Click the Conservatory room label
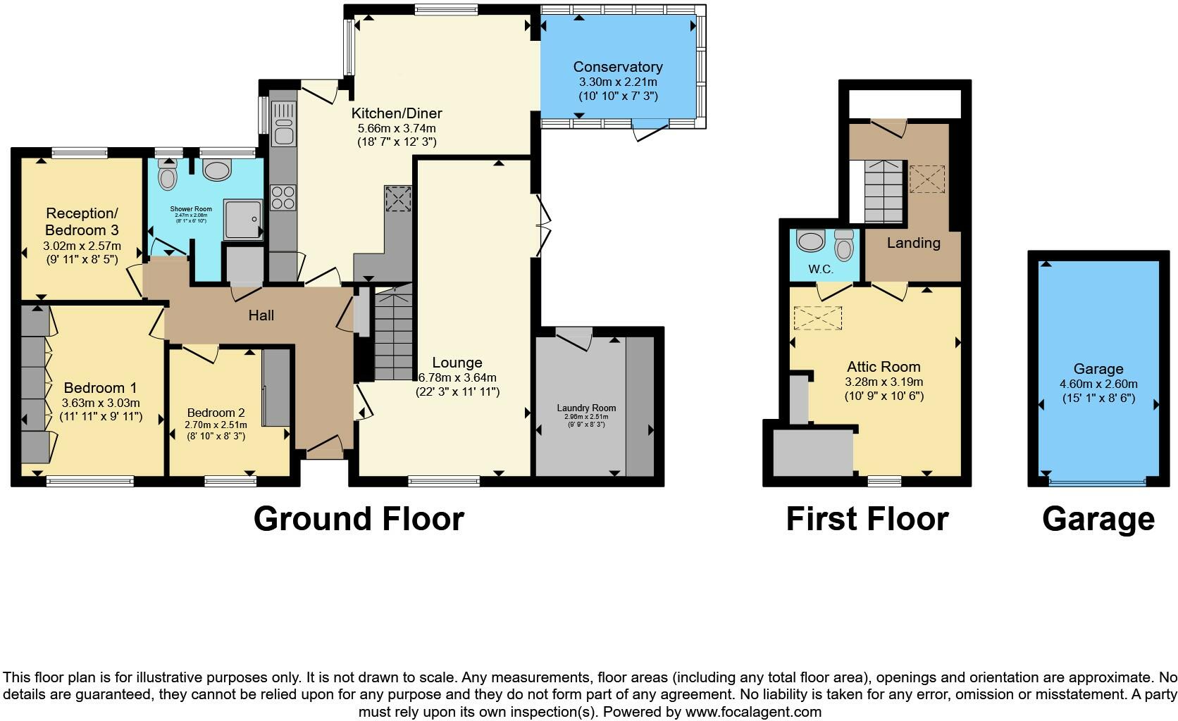tap(617, 67)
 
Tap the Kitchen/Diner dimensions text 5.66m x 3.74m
tap(397, 128)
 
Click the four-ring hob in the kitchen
tap(283, 196)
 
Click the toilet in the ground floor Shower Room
tap(167, 175)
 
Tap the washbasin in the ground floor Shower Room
tap(216, 170)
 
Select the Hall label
tap(261, 315)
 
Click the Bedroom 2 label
tap(216, 413)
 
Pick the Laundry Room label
tap(586, 408)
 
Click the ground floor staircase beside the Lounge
tap(392, 337)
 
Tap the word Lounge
tap(457, 363)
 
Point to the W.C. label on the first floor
tap(821, 269)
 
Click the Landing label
tap(913, 243)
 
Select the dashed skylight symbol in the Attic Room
tap(817, 318)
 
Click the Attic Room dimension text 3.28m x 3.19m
tap(883, 382)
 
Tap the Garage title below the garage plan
tap(1098, 520)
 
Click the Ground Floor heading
tap(359, 520)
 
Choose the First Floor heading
tap(867, 520)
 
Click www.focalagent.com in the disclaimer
tap(752, 712)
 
